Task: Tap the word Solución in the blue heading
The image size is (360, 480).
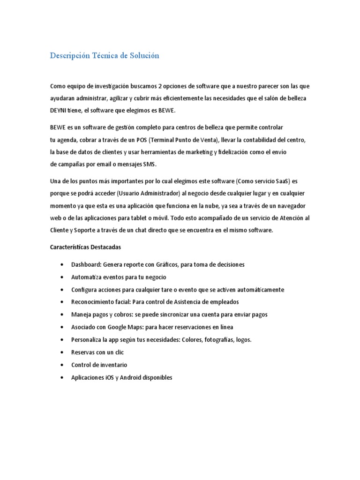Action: pyautogui.click(x=144, y=56)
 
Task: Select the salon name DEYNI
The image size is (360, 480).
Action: pyautogui.click(x=59, y=111)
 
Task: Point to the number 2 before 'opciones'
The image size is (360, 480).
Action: pyautogui.click(x=160, y=86)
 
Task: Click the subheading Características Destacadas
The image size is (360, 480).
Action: pyautogui.click(x=85, y=247)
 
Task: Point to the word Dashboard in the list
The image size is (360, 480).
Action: pyautogui.click(x=86, y=265)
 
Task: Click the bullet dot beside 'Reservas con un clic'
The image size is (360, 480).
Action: pyautogui.click(x=62, y=352)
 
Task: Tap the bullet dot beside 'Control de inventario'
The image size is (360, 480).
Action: pyautogui.click(x=62, y=365)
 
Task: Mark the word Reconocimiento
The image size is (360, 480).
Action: pyautogui.click(x=92, y=302)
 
